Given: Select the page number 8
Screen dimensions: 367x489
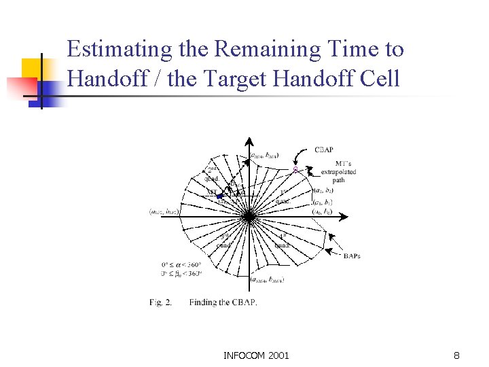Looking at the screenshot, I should pos(456,355).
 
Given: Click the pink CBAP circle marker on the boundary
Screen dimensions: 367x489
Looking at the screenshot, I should pos(295,169).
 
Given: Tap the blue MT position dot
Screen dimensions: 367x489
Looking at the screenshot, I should pos(219,196).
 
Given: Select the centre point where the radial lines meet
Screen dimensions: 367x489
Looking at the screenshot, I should pos(249,217).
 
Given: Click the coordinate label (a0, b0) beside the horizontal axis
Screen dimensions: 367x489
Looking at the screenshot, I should pos(321,211).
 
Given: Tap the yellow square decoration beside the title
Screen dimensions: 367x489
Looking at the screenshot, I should pos(34,70).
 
